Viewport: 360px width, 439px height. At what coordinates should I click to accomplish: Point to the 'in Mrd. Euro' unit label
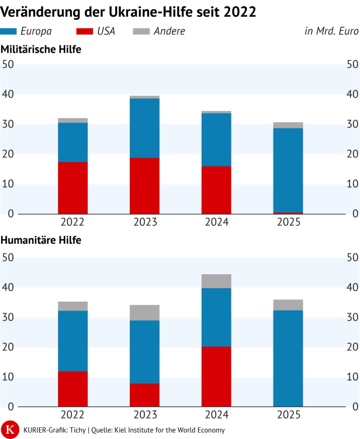pos(331,31)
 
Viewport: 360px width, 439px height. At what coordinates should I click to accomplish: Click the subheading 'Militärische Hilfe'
pos(41,50)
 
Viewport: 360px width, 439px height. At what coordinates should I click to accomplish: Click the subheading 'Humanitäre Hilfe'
pos(41,240)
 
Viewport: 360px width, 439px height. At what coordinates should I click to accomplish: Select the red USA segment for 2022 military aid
pos(72,188)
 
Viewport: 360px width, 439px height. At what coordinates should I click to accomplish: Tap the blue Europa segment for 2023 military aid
pos(144,128)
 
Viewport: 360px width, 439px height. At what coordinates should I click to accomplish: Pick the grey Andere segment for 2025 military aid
pos(288,125)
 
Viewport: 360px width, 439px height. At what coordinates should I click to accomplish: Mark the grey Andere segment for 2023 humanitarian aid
pos(144,313)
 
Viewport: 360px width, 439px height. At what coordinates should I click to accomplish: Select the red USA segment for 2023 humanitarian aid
pos(144,395)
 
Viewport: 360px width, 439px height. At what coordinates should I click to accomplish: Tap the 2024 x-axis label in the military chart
pos(216,222)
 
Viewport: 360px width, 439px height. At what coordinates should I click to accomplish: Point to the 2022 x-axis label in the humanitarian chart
pos(72,414)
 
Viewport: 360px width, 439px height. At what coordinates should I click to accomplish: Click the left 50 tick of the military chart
pos(8,64)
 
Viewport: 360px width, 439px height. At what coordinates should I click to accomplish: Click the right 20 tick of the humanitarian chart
pos(352,347)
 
